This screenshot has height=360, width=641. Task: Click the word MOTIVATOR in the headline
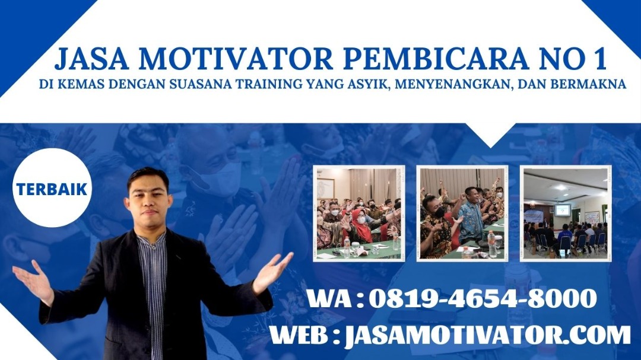[236, 59]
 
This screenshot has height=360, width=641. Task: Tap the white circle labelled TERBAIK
[52, 188]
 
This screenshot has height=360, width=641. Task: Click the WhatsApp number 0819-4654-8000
[483, 299]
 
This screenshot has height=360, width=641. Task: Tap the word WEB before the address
[299, 335]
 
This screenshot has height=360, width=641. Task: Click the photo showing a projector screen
[566, 213]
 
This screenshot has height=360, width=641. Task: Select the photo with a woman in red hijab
[359, 213]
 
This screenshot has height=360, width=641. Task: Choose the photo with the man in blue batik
[462, 213]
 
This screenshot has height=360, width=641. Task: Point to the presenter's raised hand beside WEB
[272, 272]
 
